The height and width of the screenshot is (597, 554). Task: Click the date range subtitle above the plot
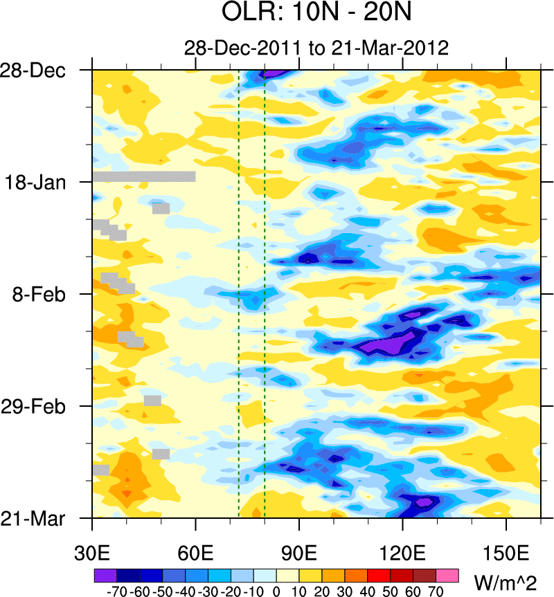click(x=316, y=48)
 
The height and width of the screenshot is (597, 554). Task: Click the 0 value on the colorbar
click(x=276, y=591)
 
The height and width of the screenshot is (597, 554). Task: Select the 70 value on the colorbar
click(x=436, y=591)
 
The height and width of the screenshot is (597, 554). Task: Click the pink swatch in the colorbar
click(x=447, y=575)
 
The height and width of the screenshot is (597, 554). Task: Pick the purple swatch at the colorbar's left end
click(x=105, y=575)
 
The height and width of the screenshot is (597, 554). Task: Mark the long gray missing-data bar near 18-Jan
click(x=144, y=176)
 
